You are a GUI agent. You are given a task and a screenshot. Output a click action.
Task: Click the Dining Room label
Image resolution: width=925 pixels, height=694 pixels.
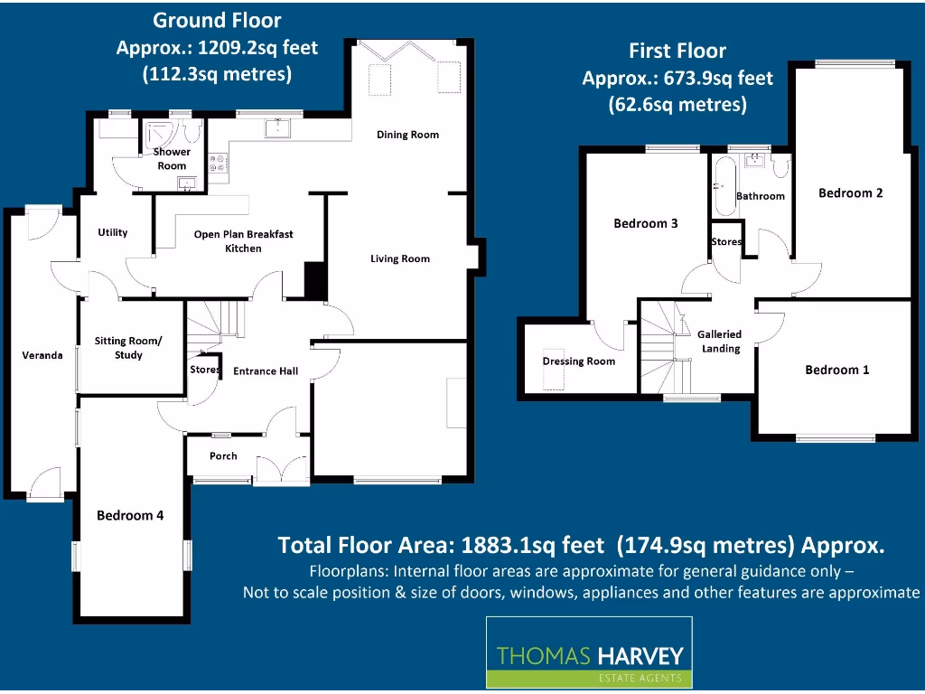pos(407,135)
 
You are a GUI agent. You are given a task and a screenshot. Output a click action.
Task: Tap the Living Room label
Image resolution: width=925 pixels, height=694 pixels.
pos(399,259)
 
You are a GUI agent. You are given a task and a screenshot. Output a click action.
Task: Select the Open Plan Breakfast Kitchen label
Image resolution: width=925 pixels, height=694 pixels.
pos(243,241)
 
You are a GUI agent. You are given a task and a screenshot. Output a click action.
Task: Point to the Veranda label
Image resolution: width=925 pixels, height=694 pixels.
pos(42,355)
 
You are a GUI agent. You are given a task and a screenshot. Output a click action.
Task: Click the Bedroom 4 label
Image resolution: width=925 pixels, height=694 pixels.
pos(130,515)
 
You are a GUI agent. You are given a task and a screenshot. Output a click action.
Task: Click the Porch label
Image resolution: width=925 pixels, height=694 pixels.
pos(223,455)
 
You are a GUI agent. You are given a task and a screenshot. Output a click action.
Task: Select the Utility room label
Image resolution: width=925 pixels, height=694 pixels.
pos(113,232)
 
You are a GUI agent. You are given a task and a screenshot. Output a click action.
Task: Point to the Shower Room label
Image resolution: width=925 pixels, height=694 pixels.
pos(172,158)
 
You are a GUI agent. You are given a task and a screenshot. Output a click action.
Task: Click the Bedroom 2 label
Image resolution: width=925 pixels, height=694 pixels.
pos(850,192)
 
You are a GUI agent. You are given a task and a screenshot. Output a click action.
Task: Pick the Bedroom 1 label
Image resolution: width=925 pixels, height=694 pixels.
pos(837,370)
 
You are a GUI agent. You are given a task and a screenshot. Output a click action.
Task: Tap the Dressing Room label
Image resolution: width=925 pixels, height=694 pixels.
pos(578,361)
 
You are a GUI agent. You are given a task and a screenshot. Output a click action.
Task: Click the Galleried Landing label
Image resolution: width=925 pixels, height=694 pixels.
pos(720,341)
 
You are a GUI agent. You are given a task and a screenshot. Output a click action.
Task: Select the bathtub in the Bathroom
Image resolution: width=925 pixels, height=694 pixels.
pos(722,185)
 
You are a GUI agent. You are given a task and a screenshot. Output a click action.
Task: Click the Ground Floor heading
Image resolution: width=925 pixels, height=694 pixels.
pos(217,20)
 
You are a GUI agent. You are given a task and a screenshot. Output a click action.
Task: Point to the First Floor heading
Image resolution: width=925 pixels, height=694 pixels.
pos(677,51)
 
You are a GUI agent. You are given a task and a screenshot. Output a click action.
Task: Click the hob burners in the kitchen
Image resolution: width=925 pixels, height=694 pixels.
pos(218,164)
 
